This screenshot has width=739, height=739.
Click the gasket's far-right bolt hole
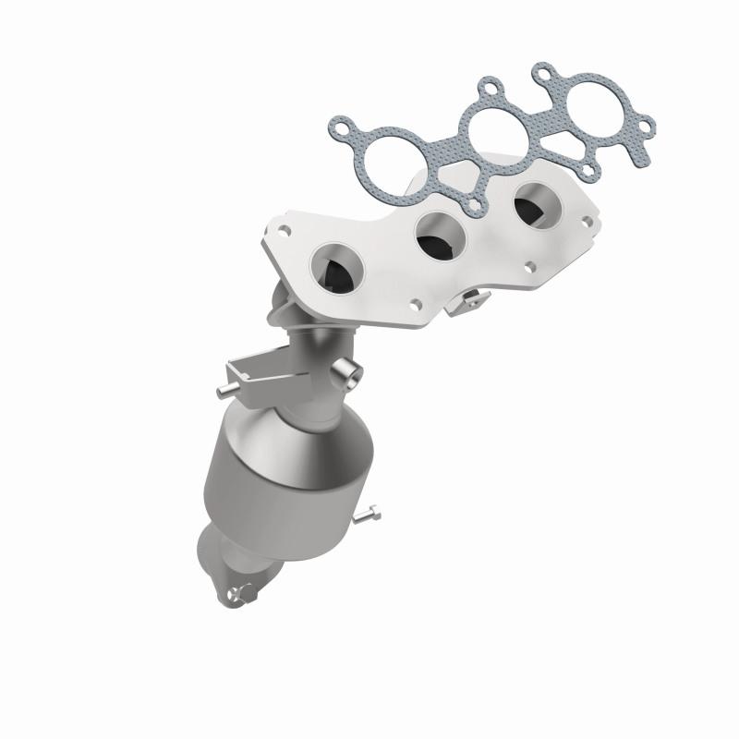point(646,124)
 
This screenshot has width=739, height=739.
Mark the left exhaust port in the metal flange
point(336,267)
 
